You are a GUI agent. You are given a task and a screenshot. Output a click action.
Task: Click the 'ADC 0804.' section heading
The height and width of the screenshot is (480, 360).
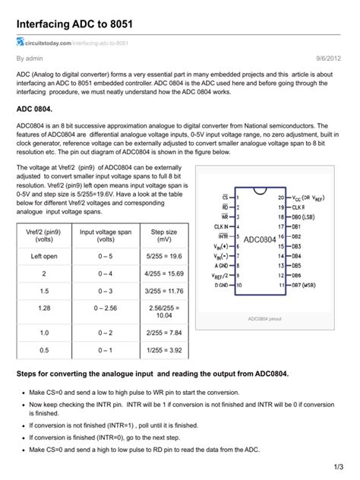(x=38, y=111)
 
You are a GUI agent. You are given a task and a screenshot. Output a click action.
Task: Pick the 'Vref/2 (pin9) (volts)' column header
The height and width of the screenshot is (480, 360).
(x=44, y=234)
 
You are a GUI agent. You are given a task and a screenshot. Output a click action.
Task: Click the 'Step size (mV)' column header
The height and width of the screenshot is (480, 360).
(x=164, y=234)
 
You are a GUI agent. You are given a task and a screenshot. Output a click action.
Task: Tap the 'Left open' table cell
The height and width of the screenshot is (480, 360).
(x=44, y=257)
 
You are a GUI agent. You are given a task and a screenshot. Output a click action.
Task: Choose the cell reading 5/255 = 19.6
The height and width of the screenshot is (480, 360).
(x=164, y=257)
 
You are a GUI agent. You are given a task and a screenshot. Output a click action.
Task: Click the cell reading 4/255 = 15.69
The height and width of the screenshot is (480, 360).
(x=164, y=273)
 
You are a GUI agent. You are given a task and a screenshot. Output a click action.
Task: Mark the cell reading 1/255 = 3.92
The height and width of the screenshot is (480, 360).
(x=164, y=349)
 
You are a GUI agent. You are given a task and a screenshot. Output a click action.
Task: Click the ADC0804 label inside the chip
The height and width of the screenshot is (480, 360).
(x=260, y=240)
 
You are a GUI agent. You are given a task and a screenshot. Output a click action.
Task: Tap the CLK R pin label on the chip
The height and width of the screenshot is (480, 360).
(x=298, y=207)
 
